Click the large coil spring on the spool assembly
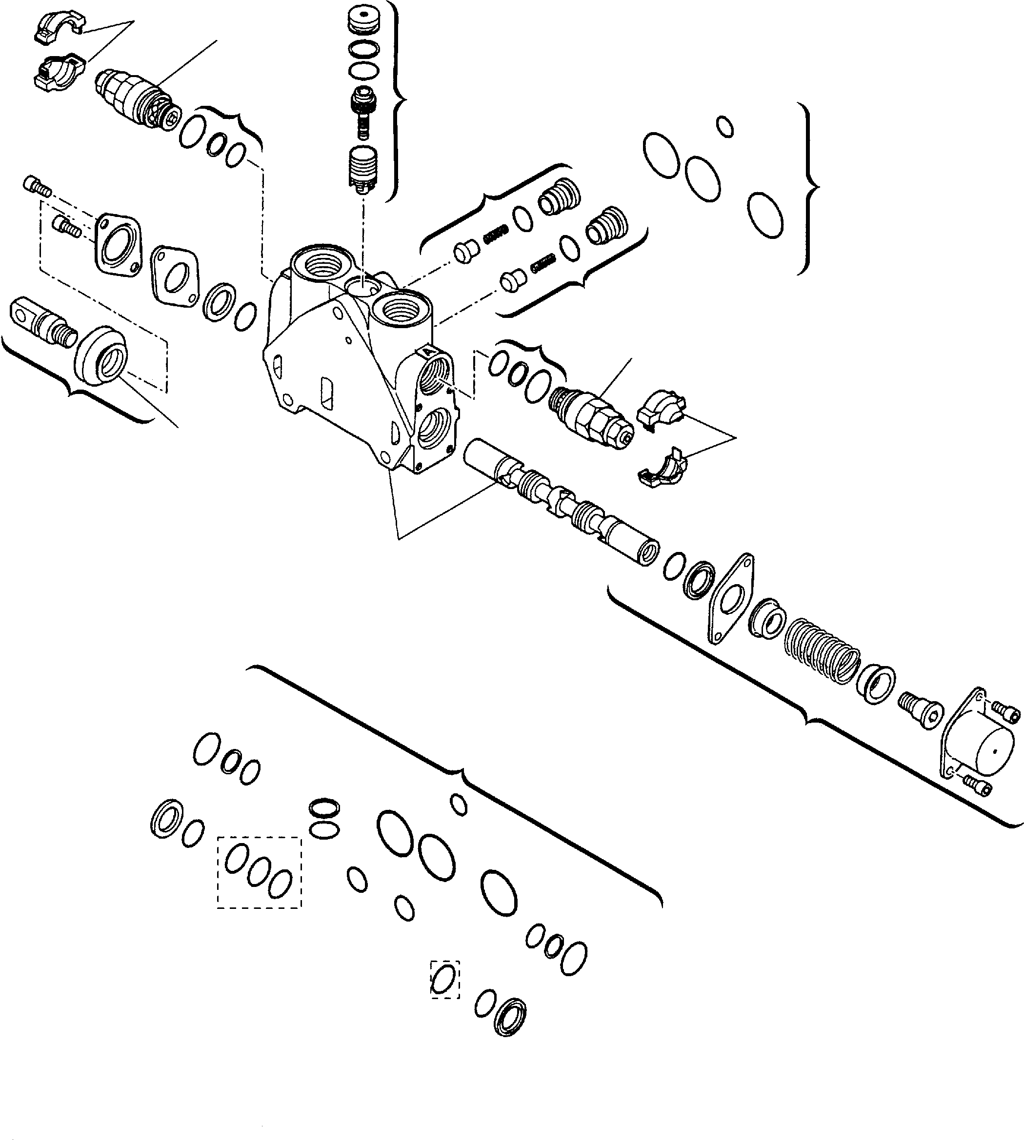(822, 651)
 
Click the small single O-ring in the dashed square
(444, 979)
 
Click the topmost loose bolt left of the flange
(38, 186)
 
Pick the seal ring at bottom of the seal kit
(510, 1017)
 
